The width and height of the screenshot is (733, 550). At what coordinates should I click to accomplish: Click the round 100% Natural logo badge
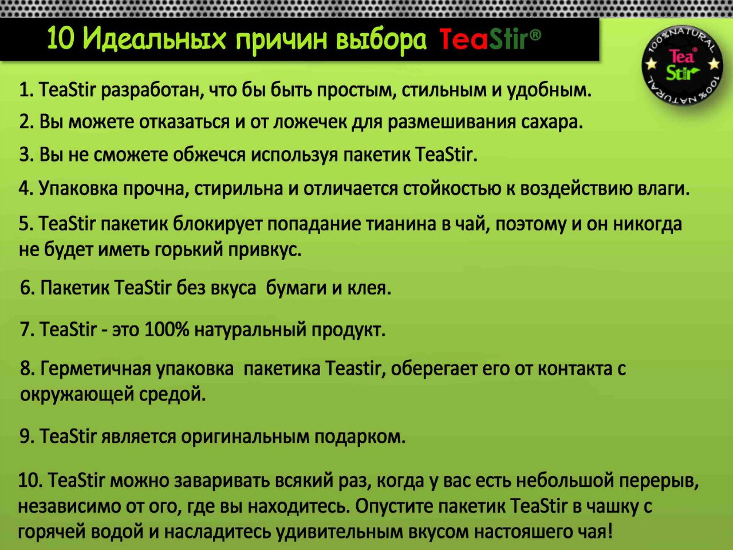pyautogui.click(x=682, y=65)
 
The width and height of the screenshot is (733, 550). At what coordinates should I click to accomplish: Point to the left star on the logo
pyautogui.click(x=652, y=64)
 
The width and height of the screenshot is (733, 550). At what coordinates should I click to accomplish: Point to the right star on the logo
pyautogui.click(x=714, y=64)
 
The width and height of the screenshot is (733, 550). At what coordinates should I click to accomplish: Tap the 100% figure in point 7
pyautogui.click(x=167, y=329)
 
